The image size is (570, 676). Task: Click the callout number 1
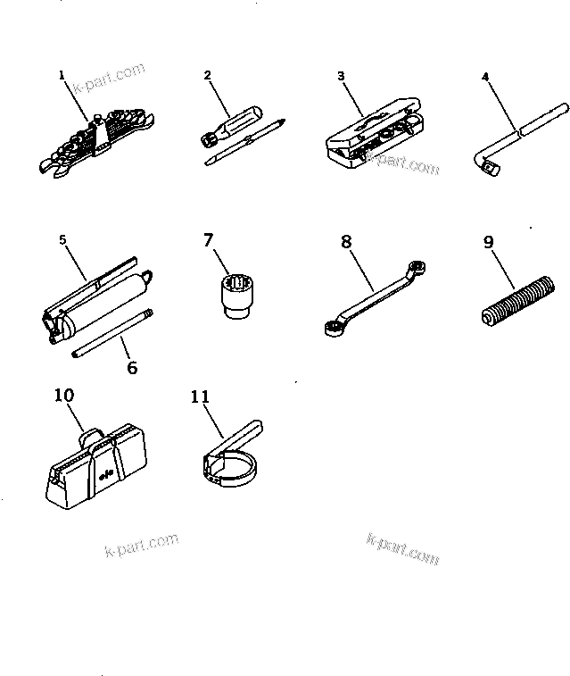(62, 76)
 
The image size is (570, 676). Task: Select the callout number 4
(485, 77)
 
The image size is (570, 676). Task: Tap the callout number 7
(209, 239)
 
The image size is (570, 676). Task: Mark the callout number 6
(133, 366)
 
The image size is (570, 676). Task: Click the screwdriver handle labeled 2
(236, 120)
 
